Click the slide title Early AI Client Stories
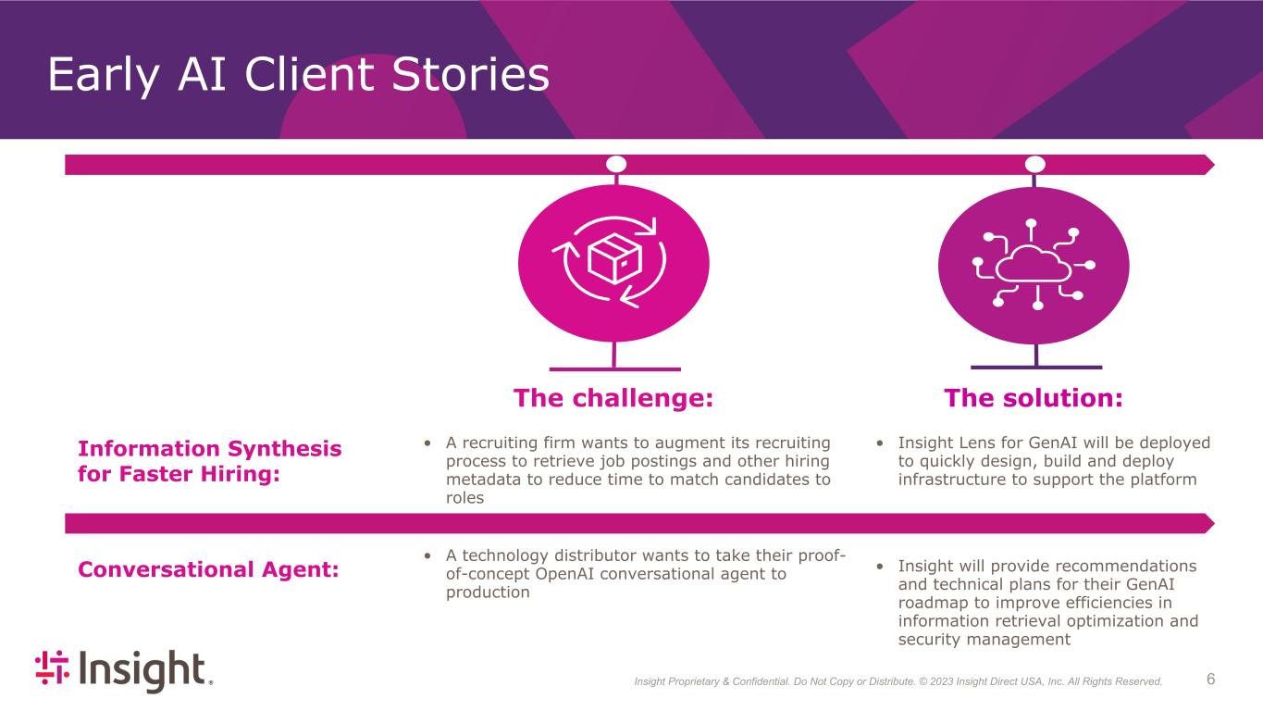[298, 74]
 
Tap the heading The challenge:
[613, 398]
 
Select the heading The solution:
[1034, 398]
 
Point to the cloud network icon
[1034, 265]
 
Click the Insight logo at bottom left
[124, 670]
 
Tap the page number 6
[1210, 679]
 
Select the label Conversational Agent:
[208, 569]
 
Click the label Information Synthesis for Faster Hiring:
[210, 461]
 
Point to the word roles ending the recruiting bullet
[464, 498]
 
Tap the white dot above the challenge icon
[616, 164]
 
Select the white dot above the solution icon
[1034, 164]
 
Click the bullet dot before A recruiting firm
[427, 443]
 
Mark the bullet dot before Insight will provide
[880, 567]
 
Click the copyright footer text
[898, 681]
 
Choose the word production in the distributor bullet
[488, 592]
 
